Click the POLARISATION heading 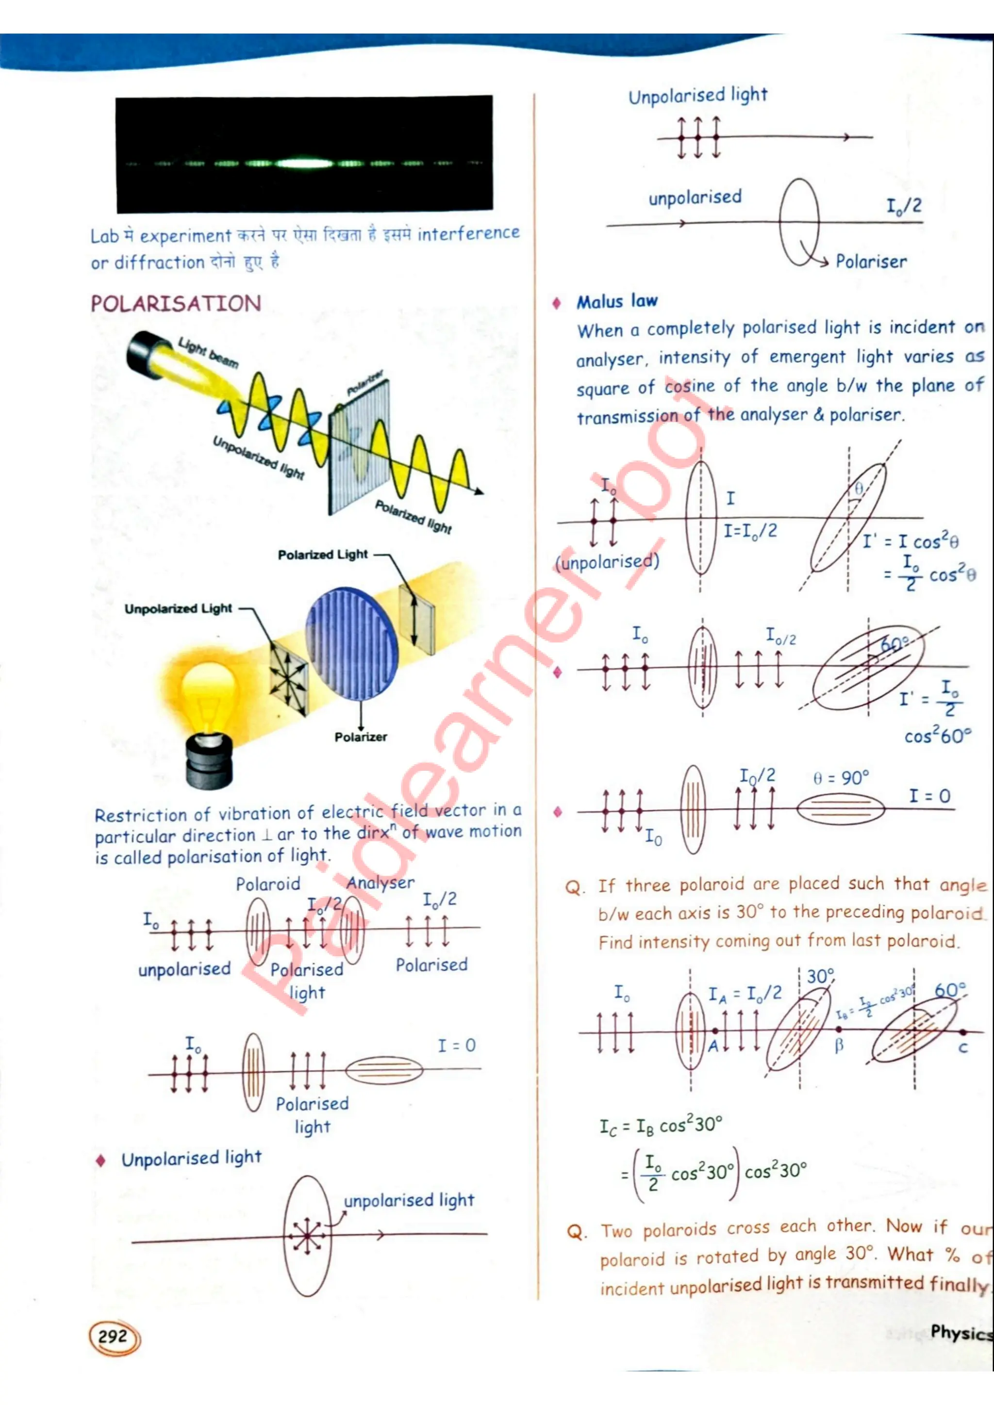point(176,304)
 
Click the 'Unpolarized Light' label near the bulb point(178,609)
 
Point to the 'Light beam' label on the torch point(208,353)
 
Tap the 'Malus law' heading point(617,301)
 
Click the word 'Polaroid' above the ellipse point(268,884)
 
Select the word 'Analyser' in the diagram point(380,882)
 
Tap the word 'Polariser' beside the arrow point(871,262)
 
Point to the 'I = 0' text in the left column point(457,1045)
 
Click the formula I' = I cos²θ point(910,541)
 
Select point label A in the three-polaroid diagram point(713,1046)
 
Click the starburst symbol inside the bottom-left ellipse point(306,1236)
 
